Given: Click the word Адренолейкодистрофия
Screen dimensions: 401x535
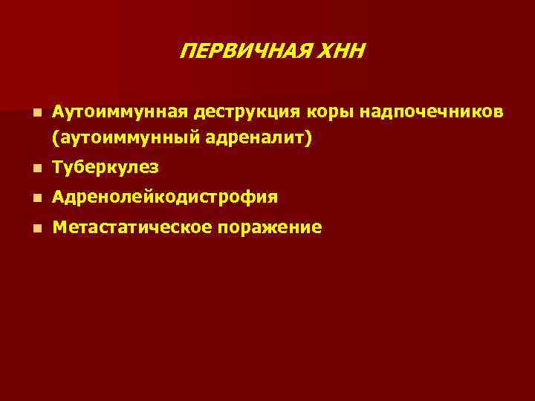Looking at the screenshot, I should click(x=166, y=198).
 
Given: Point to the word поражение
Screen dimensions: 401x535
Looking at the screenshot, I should click(x=270, y=227).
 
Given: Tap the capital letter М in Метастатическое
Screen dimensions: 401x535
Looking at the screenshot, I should click(x=59, y=227).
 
